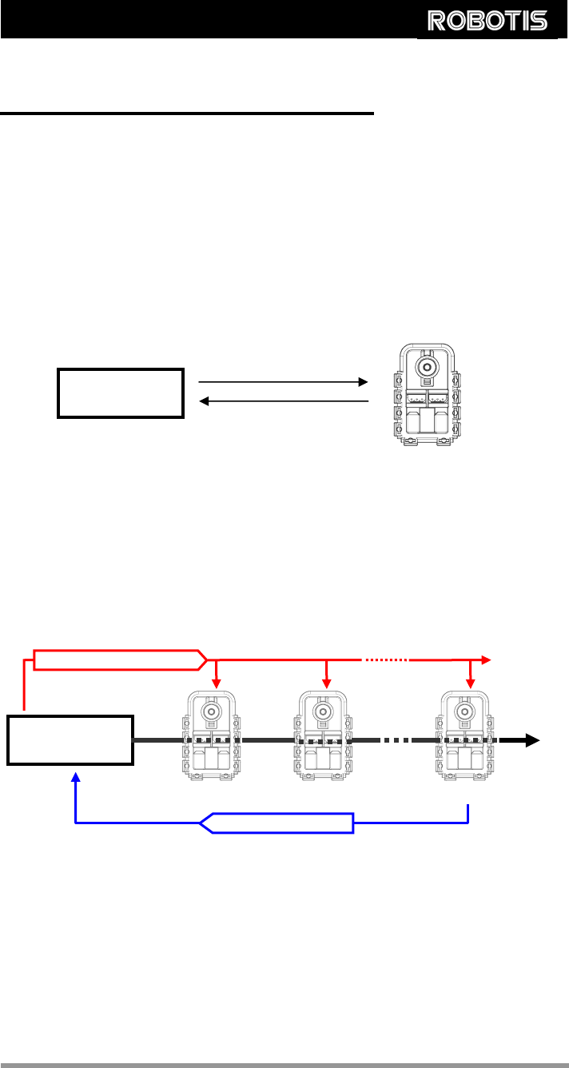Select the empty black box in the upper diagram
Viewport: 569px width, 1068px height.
tap(121, 393)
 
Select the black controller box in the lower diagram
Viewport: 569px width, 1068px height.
tap(70, 740)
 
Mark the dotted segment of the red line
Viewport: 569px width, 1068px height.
tap(387, 660)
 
